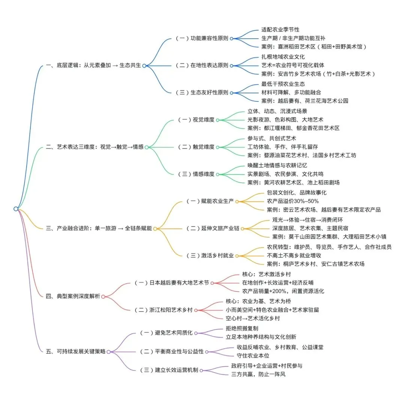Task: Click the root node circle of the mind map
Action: tap(16, 208)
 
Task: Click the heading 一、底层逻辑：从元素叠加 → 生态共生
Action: tap(93, 65)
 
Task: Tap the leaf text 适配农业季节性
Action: tap(280, 29)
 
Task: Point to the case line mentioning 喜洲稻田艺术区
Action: tap(313, 47)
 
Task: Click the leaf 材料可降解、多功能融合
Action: tap(291, 92)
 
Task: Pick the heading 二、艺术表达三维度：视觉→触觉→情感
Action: tap(94, 147)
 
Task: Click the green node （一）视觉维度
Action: tap(196, 120)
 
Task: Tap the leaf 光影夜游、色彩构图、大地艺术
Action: tap(285, 120)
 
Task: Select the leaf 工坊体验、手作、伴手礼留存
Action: tap(283, 147)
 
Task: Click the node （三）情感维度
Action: tap(196, 174)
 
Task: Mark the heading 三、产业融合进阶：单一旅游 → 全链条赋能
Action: tap(99, 228)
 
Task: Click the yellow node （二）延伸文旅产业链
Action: tap(213, 228)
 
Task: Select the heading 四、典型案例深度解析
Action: tap(73, 296)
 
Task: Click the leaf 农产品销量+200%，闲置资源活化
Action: tap(283, 291)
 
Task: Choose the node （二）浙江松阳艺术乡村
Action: tap(163, 310)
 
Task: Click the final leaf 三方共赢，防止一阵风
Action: tap(261, 374)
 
